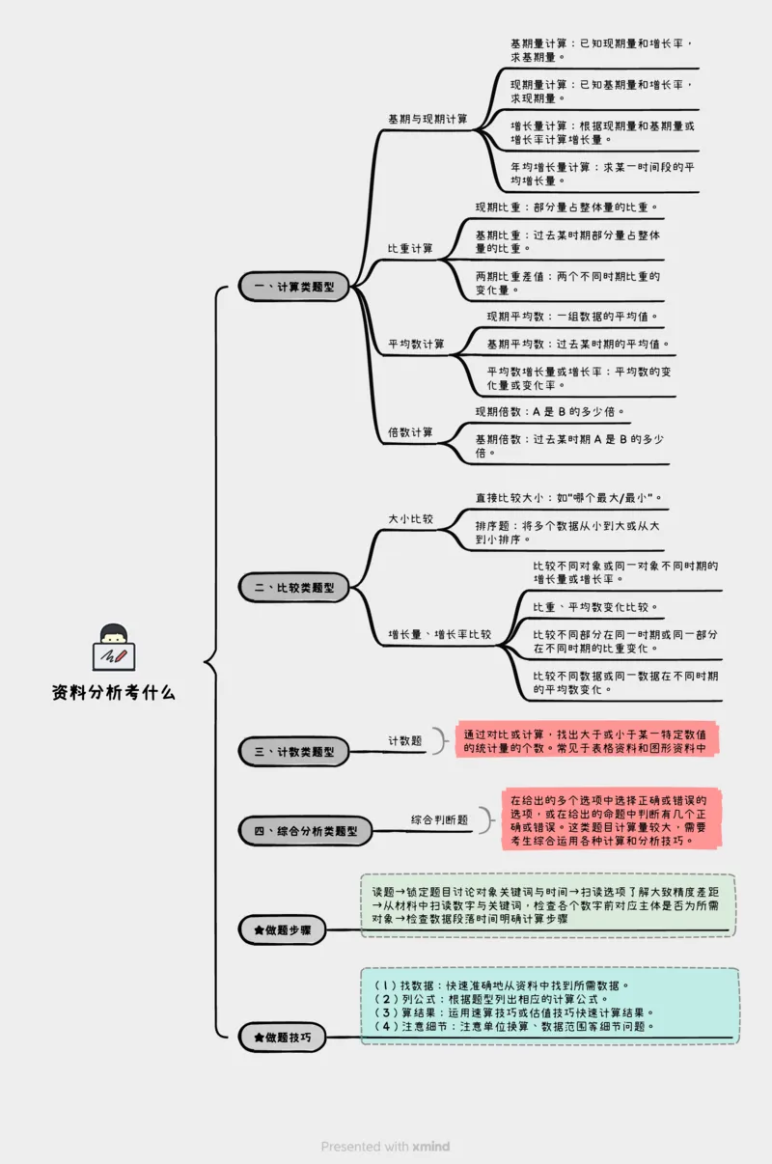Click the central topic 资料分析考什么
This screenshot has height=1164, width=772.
[x=114, y=692]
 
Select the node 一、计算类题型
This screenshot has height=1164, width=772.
[x=294, y=287]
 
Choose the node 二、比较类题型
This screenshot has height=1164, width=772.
[x=294, y=587]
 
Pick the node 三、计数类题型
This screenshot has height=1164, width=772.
[x=294, y=751]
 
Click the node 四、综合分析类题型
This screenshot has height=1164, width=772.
[x=305, y=830]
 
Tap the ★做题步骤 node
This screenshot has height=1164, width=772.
[x=282, y=930]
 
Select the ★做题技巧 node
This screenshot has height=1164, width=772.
[x=282, y=1037]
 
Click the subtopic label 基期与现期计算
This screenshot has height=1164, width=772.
[x=427, y=120]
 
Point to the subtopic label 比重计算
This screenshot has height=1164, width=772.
[x=410, y=249]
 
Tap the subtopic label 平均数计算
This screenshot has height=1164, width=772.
[x=416, y=345]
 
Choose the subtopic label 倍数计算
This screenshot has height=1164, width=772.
[x=410, y=432]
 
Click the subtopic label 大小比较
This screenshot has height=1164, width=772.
[x=410, y=518]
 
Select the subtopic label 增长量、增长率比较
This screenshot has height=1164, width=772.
[x=439, y=634]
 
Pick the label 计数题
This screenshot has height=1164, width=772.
[x=405, y=740]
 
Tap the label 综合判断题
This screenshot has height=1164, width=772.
[x=439, y=819]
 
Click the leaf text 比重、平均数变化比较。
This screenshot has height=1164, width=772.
[x=596, y=607]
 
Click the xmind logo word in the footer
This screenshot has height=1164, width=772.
[x=430, y=1147]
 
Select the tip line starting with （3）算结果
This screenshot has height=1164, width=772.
[x=514, y=1012]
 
